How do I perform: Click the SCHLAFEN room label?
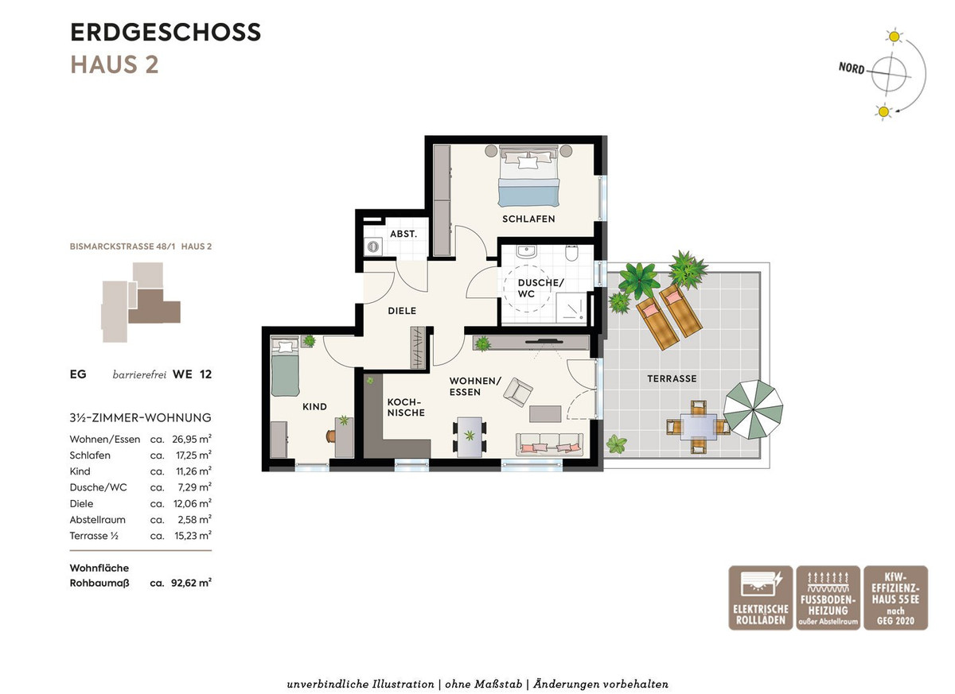tap(528, 219)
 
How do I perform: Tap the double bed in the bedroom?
tap(528, 176)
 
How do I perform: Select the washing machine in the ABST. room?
tap(373, 246)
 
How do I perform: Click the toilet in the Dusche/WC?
tap(571, 253)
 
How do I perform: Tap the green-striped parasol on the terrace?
tap(754, 409)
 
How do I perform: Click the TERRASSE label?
tap(672, 378)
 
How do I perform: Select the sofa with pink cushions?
tap(549, 444)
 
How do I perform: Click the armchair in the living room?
tap(517, 392)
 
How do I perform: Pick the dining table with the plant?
tap(470, 436)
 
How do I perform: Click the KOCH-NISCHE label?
tap(405, 407)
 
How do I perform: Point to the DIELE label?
tap(402, 311)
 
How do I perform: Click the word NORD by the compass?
tap(852, 68)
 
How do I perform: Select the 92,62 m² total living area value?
tap(191, 583)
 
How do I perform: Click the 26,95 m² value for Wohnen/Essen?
tap(192, 439)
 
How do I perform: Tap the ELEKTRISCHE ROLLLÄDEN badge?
tap(761, 598)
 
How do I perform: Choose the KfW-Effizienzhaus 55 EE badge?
tap(896, 598)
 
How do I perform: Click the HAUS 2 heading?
tap(115, 64)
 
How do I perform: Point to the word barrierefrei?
tap(139, 374)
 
